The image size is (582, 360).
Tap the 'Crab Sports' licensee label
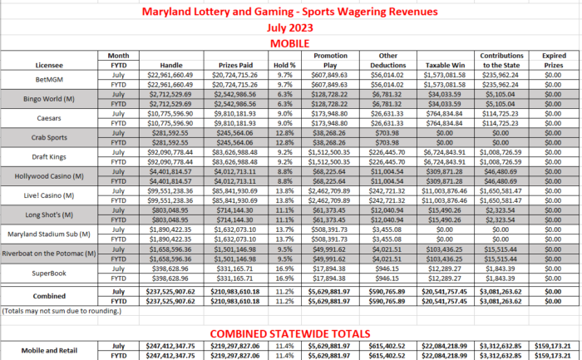pyautogui.click(x=49, y=136)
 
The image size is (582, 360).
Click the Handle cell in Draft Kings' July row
pyautogui.click(x=170, y=150)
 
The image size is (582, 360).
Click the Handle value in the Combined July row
pyautogui.click(x=170, y=292)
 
